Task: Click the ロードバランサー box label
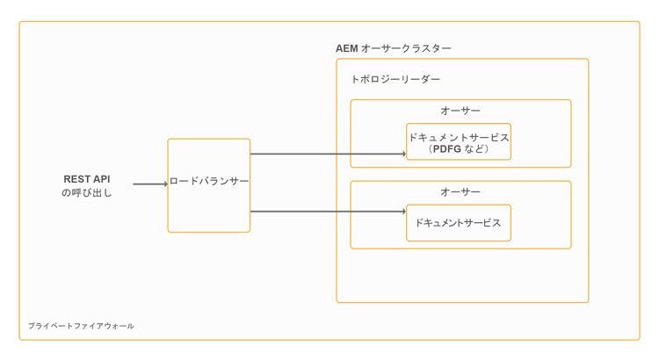(209, 181)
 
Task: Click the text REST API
(87, 178)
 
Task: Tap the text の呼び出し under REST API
(87, 192)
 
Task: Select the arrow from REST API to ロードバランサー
(148, 184)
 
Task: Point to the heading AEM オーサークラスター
(393, 48)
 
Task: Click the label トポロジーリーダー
(395, 79)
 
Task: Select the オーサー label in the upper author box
(460, 111)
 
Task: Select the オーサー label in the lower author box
(460, 191)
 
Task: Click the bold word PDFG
(446, 149)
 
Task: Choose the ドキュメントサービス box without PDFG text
(459, 223)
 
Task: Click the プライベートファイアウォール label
(81, 326)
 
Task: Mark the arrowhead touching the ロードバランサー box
(165, 184)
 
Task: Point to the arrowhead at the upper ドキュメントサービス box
(404, 154)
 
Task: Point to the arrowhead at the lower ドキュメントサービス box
(404, 211)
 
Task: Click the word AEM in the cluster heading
(346, 48)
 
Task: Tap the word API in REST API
(100, 178)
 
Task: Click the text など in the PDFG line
(474, 149)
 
